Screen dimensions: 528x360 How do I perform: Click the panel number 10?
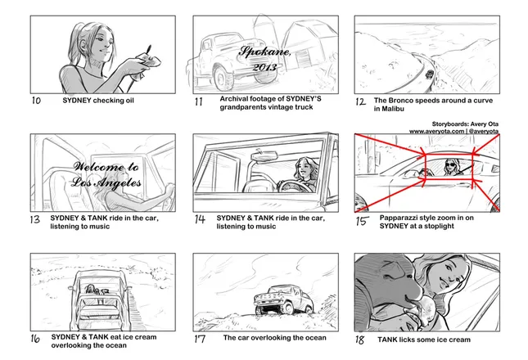coord(36,101)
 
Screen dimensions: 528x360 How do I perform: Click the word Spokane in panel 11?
coord(265,52)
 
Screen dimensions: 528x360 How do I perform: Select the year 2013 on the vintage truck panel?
coord(264,67)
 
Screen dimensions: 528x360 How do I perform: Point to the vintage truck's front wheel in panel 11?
coord(222,78)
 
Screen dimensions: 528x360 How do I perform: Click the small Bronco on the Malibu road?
coord(429,74)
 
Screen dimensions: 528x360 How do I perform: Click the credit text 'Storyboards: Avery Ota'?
coord(465,124)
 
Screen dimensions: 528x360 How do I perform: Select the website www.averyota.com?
coord(436,131)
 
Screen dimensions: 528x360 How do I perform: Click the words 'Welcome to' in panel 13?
coord(106,167)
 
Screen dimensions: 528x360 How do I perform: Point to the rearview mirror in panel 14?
coord(264,155)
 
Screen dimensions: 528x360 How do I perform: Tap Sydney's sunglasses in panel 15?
coord(450,164)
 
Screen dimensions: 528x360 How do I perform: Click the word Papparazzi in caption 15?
coord(399,218)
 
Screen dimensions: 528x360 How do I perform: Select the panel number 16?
coord(35,338)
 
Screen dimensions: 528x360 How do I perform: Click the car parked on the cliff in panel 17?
coord(283,299)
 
